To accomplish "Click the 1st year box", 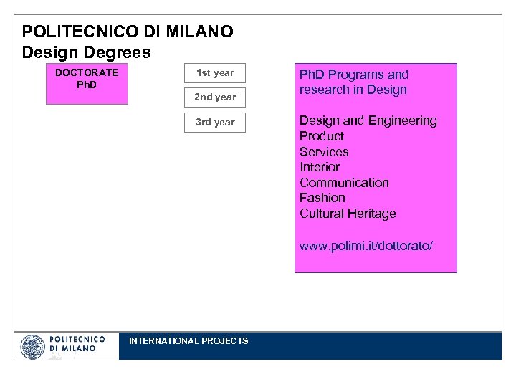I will point(215,73).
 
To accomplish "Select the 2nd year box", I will point(215,97).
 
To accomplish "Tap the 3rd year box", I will point(215,123).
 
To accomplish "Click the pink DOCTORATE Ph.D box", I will point(87,84).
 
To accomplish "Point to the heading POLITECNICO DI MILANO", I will point(128,32).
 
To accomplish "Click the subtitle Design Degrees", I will point(86,53).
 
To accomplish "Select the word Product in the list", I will point(322,136).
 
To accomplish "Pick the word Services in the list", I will point(324,152).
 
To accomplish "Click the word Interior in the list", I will point(320,167).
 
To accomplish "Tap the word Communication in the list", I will point(344,183).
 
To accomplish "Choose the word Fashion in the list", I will point(322,198).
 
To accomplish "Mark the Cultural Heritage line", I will point(348,214).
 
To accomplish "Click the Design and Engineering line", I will point(368,120).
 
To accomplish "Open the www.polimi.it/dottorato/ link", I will point(366,247).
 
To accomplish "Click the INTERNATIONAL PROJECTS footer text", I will point(188,341).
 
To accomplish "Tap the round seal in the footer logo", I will point(33,347).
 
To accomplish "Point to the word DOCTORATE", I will point(87,72).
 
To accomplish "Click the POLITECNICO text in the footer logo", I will point(77,339).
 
